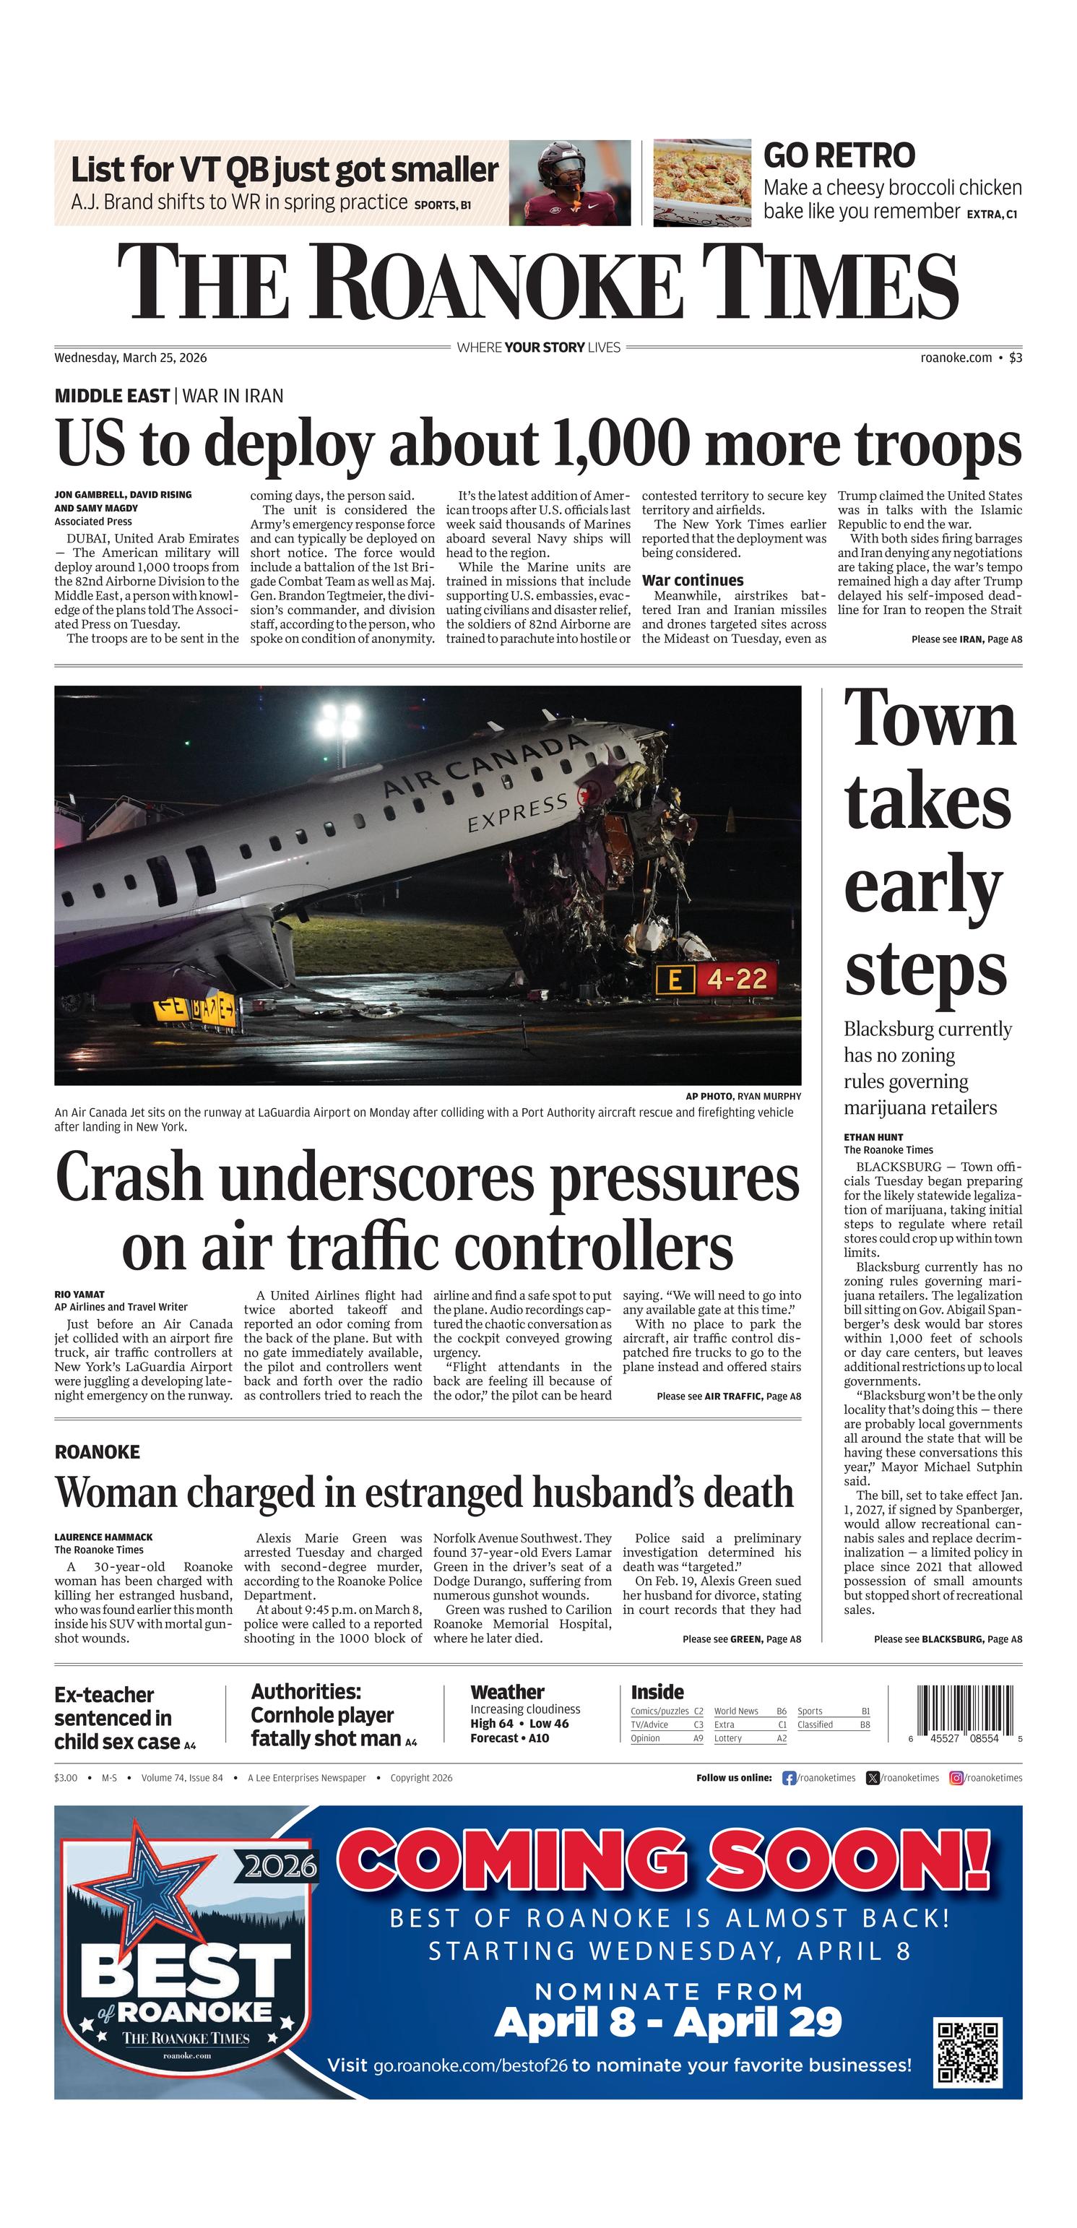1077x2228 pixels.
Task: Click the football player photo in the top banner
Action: pyautogui.click(x=568, y=183)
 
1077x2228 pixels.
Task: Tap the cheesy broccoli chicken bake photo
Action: pyautogui.click(x=701, y=183)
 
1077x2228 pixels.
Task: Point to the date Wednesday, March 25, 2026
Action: pyautogui.click(x=131, y=357)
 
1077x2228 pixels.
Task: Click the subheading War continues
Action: pyautogui.click(x=692, y=580)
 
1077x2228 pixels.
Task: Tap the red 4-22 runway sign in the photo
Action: pyautogui.click(x=737, y=979)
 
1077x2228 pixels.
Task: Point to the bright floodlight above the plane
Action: pyautogui.click(x=340, y=720)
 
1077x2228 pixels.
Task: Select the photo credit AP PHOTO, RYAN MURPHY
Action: pyautogui.click(x=743, y=1096)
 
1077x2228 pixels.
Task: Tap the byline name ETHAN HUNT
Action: pyautogui.click(x=874, y=1137)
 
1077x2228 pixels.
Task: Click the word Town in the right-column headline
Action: pyautogui.click(x=930, y=720)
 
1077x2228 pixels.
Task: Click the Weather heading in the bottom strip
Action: pyautogui.click(x=507, y=1692)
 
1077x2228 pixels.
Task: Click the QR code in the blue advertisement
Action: pyautogui.click(x=967, y=2051)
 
